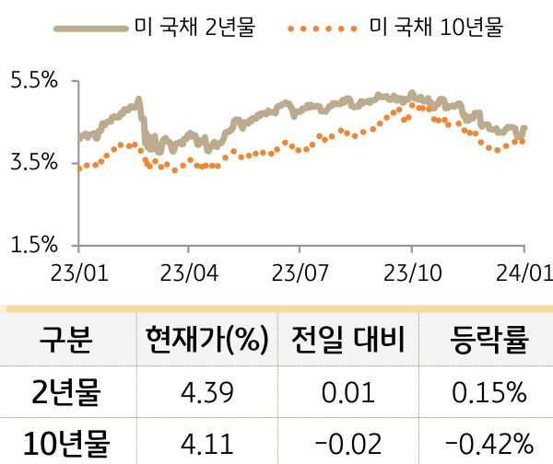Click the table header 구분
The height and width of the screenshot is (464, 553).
66,340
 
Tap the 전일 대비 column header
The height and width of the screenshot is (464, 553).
347,340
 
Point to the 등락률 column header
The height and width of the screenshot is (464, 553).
488,340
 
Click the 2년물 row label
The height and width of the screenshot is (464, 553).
66,394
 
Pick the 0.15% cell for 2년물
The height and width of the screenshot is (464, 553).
488,394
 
